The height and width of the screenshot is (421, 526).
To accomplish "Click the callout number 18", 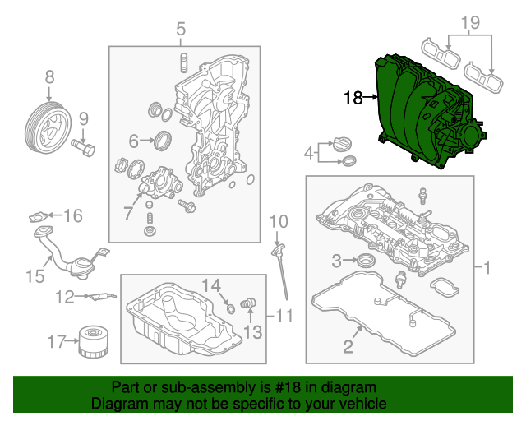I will click(x=353, y=99).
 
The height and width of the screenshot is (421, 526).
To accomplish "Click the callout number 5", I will click(x=181, y=31).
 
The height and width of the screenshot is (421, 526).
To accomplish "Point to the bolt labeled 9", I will click(x=84, y=148).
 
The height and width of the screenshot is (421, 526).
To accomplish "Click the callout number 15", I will click(x=33, y=276).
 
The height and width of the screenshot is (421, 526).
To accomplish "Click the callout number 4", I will click(x=309, y=153).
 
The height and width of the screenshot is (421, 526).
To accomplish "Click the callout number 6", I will click(x=133, y=140).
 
